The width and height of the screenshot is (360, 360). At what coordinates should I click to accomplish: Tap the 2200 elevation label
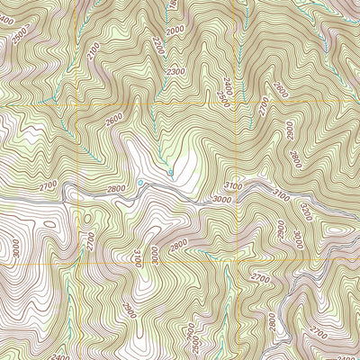(159, 44)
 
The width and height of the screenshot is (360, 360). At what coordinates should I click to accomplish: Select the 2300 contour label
(175, 71)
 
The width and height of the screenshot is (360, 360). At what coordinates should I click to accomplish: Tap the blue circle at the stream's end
(170, 171)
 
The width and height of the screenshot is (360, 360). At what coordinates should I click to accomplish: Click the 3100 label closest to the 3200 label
(282, 193)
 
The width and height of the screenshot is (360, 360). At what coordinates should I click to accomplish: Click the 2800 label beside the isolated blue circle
(115, 190)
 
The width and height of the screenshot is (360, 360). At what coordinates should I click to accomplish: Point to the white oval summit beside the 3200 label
(337, 229)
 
